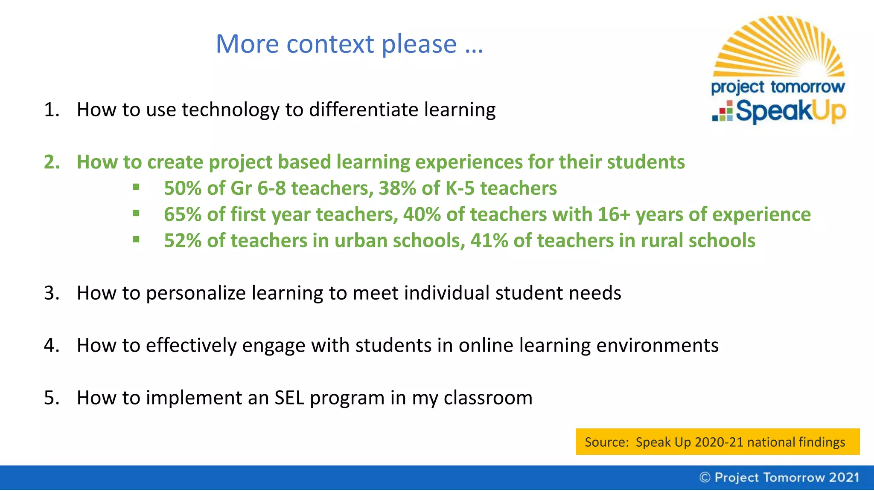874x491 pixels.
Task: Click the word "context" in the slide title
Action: pyautogui.click(x=330, y=44)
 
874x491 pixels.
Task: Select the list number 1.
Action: pyautogui.click(x=51, y=110)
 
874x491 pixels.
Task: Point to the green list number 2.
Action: pyautogui.click(x=52, y=162)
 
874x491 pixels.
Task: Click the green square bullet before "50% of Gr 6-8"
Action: pyautogui.click(x=136, y=187)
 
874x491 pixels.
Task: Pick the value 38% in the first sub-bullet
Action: pyautogui.click(x=397, y=188)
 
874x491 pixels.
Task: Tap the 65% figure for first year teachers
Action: pyautogui.click(x=183, y=214)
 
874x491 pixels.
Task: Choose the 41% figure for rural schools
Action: pyautogui.click(x=489, y=241)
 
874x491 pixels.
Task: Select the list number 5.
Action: pyautogui.click(x=51, y=398)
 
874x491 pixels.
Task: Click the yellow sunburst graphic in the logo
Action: pyautogui.click(x=779, y=47)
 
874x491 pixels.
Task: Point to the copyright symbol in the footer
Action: pyautogui.click(x=705, y=477)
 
